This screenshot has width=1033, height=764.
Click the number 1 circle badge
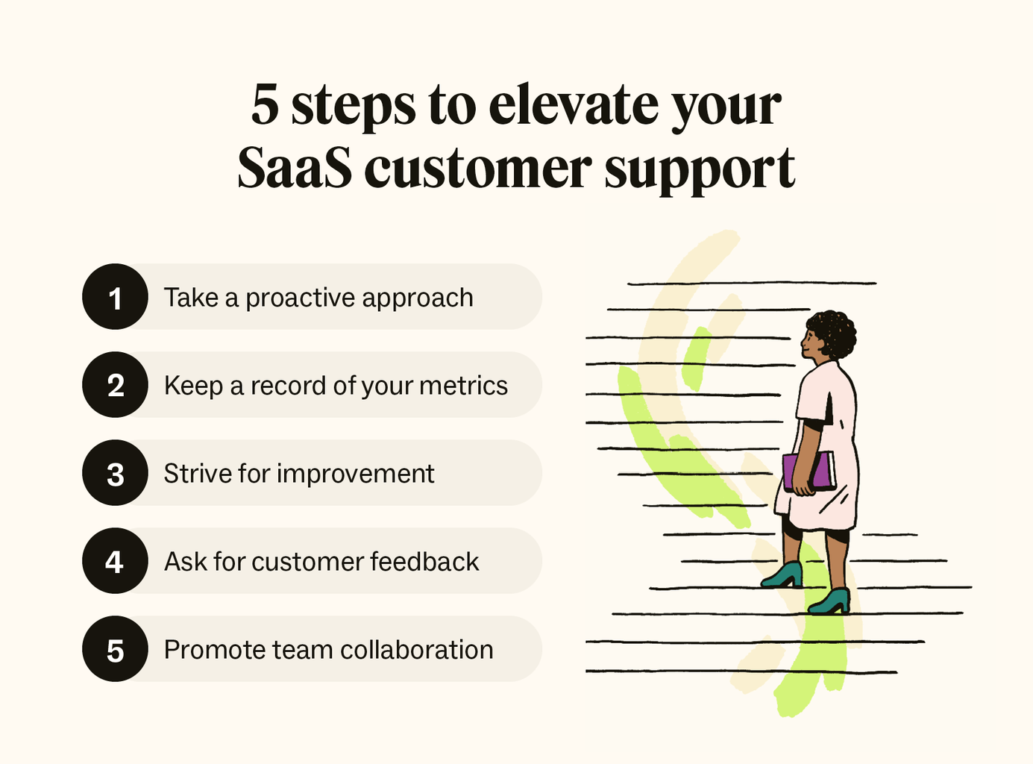pos(115,297)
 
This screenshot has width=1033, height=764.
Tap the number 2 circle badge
pos(115,385)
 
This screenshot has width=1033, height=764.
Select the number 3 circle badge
pos(115,473)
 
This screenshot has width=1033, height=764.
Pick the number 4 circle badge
pos(115,561)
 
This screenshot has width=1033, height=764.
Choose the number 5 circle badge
pos(115,649)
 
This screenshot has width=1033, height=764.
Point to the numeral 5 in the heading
pos(265,104)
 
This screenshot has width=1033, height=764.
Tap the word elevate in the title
pos(573,104)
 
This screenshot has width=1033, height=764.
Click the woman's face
pos(811,345)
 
